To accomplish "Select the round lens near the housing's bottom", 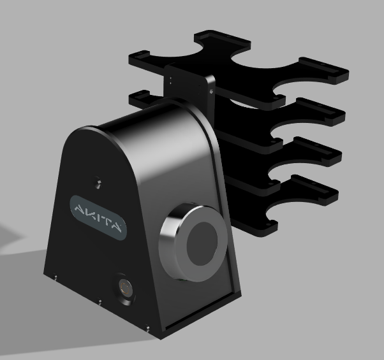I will [125, 287].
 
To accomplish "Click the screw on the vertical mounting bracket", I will [211, 92].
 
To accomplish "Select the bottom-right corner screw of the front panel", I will [148, 328].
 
